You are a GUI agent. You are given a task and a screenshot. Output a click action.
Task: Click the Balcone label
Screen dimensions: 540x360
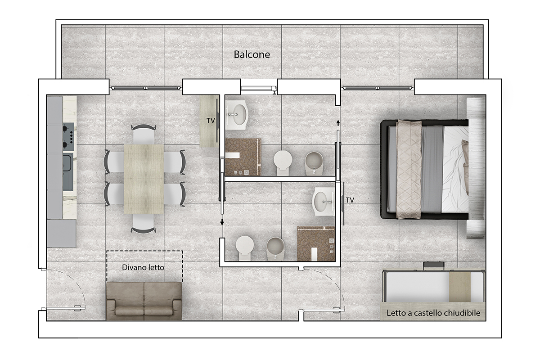pyautogui.click(x=252, y=54)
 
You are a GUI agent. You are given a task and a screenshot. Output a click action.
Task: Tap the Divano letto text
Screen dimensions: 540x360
pyautogui.click(x=143, y=267)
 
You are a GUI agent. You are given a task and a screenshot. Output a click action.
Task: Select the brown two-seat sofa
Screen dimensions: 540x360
pyautogui.click(x=144, y=301)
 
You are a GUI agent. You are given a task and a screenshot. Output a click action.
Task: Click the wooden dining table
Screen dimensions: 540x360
pyautogui.click(x=144, y=179)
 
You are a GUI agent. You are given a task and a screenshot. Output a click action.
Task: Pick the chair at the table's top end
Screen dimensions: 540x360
pyautogui.click(x=144, y=134)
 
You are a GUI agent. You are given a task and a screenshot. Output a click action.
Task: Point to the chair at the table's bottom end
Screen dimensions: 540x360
pyautogui.click(x=143, y=224)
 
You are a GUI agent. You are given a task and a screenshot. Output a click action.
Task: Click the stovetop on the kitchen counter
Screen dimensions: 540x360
pyautogui.click(x=68, y=136)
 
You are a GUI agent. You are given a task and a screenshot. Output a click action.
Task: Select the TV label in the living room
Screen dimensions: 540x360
pyautogui.click(x=211, y=121)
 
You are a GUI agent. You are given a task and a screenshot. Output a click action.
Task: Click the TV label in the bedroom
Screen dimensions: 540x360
pyautogui.click(x=350, y=200)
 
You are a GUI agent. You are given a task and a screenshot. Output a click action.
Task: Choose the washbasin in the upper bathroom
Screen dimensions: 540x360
pyautogui.click(x=237, y=115)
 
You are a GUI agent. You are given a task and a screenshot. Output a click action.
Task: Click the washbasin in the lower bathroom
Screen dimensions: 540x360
pyautogui.click(x=323, y=202)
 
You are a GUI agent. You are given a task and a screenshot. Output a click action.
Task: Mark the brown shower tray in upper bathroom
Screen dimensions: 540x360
pyautogui.click(x=243, y=157)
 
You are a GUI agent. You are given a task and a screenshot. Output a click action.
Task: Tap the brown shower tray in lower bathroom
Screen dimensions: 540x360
pyautogui.click(x=316, y=243)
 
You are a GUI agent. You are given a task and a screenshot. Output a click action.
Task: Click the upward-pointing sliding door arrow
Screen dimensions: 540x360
pyautogui.click(x=338, y=123)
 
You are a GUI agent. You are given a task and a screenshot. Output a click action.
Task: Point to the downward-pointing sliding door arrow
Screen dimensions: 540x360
pyautogui.click(x=222, y=222)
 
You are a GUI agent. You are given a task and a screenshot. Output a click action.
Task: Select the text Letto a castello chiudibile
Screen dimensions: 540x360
pyautogui.click(x=433, y=313)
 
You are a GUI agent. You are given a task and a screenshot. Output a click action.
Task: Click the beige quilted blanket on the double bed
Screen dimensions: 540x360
pyautogui.click(x=409, y=169)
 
